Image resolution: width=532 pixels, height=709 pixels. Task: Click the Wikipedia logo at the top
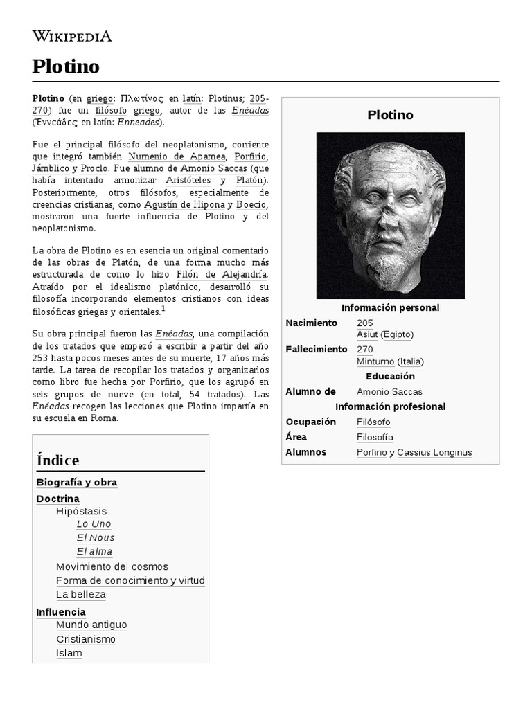pos(72,36)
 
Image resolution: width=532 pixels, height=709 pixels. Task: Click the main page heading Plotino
pos(66,66)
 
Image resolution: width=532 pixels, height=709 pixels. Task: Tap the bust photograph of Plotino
pos(390,215)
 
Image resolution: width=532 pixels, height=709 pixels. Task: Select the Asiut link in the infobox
pos(367,334)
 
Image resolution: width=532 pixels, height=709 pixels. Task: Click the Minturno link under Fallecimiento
pos(375,361)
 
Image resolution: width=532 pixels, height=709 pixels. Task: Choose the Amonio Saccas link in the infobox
pos(389,392)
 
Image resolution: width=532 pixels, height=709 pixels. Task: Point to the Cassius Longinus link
pos(434,452)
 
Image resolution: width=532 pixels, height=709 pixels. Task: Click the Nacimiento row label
pos(311,323)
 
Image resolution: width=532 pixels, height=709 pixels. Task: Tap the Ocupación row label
pos(310,422)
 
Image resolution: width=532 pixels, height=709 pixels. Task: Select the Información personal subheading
pos(390,307)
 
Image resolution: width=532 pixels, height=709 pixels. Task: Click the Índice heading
pos(57,460)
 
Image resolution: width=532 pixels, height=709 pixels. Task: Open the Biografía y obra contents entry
pos(76,483)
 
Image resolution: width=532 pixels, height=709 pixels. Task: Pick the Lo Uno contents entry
pos(94,524)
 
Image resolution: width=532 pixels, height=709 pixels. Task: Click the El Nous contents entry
pos(96,538)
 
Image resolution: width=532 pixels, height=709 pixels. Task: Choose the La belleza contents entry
pos(81,594)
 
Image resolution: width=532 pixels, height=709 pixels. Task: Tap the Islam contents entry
pos(69,653)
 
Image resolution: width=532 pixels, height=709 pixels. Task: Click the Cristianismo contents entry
pos(86,639)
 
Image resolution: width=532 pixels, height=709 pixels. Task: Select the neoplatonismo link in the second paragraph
pos(193,145)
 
